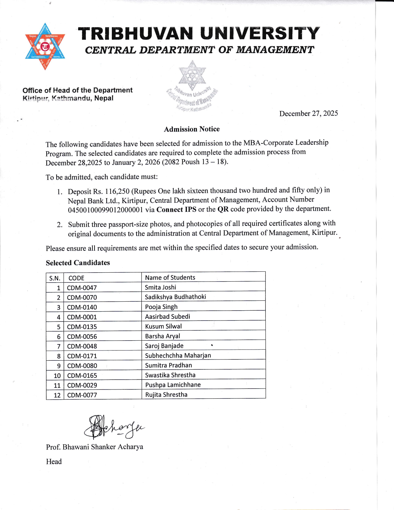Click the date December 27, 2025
(308, 113)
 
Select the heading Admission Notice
(192, 129)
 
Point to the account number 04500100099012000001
(105, 210)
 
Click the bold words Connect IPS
(176, 209)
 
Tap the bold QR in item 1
(223, 209)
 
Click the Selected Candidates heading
(78, 263)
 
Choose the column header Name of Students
(170, 278)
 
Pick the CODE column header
(76, 278)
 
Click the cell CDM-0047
(82, 288)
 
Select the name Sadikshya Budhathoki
(175, 297)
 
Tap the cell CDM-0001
(82, 317)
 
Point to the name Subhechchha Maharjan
(178, 355)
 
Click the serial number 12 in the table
(57, 395)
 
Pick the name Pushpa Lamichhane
(173, 385)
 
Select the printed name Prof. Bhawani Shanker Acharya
(95, 447)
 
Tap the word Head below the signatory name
(54, 461)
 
